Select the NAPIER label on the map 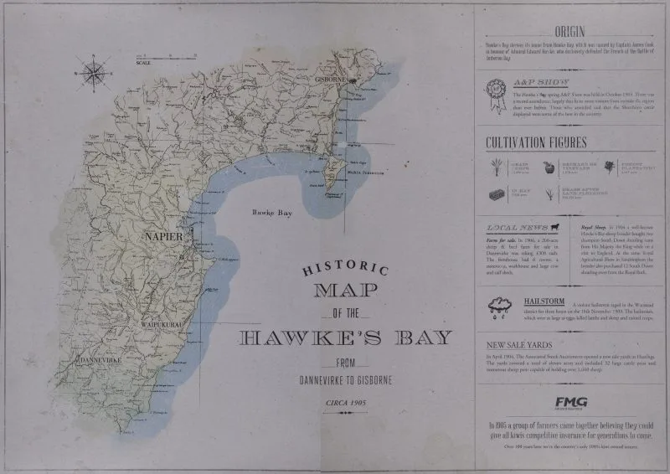(x=162, y=238)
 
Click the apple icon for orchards (x=549, y=167)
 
